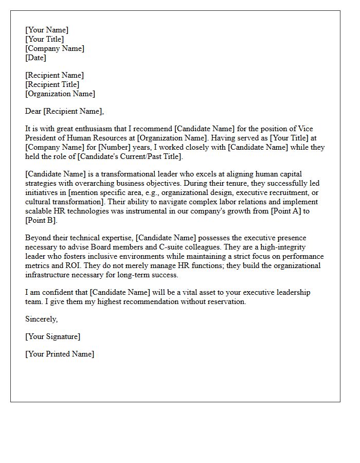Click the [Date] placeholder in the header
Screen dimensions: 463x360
[x=35, y=58]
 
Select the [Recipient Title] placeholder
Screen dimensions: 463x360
[x=52, y=84]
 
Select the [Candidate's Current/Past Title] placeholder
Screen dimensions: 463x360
[x=130, y=156]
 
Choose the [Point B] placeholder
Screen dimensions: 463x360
[x=41, y=220]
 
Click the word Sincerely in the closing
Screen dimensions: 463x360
[x=41, y=319]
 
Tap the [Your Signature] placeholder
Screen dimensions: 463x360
[x=52, y=336]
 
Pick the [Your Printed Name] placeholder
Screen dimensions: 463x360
[x=60, y=354]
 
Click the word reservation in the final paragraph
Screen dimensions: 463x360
[x=225, y=301]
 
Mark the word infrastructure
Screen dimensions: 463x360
[x=48, y=275]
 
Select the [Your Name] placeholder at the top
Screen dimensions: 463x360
[x=46, y=30]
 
